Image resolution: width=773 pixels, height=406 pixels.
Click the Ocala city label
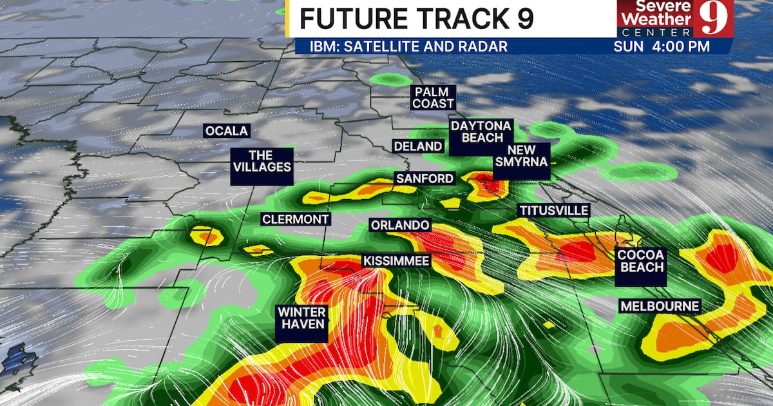pos(226,131)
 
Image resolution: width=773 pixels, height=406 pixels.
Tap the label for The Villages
pos(261,161)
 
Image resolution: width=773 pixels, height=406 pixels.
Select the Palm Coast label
pos(434,97)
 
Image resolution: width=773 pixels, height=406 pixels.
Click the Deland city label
pos(419,146)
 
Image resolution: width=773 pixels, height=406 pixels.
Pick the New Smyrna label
pos(522,156)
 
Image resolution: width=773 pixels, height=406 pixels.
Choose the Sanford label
pos(425,179)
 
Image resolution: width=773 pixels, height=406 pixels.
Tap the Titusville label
pos(553,211)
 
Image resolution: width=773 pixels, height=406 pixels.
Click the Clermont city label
pos(295,219)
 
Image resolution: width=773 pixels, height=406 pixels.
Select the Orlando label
pos(399,225)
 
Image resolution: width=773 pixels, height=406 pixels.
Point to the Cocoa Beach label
pos(640,260)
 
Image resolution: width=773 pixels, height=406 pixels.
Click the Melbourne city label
pos(660,306)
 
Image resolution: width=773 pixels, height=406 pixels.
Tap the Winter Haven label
pos(301,318)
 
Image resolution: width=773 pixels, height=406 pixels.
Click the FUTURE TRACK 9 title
pos(417,19)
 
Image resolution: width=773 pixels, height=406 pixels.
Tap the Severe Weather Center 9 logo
pos(674,18)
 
